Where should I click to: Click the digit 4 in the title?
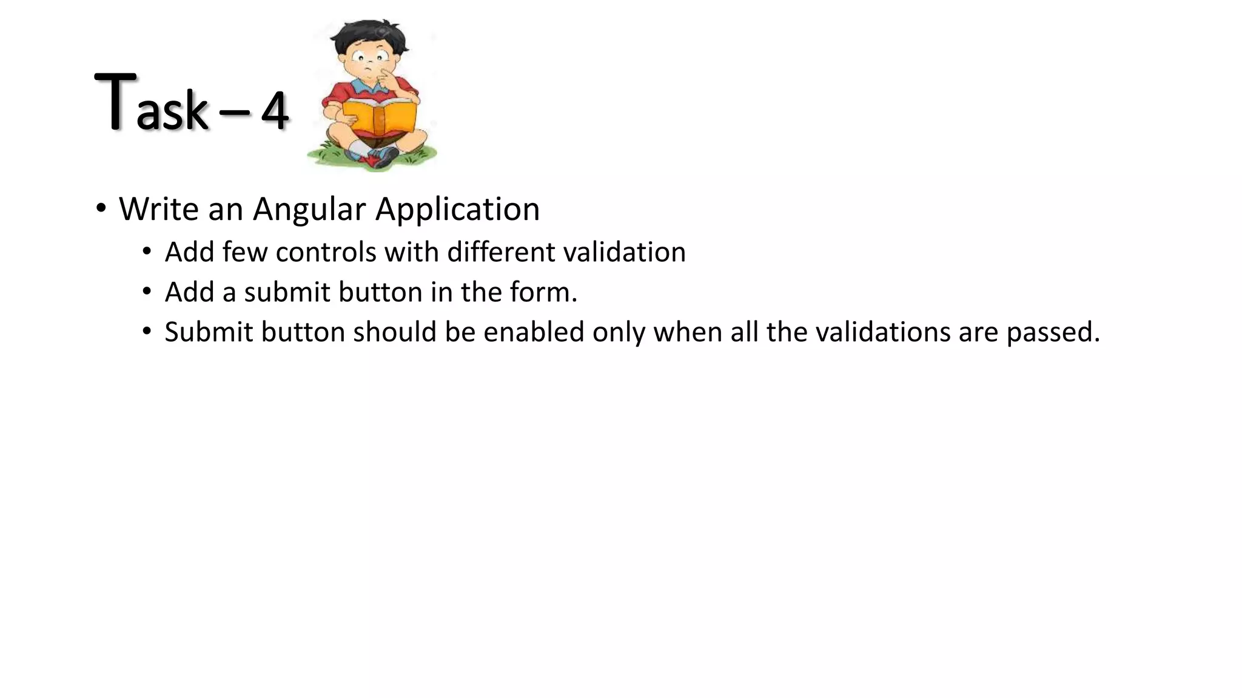(x=275, y=111)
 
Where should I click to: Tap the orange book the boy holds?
(x=379, y=117)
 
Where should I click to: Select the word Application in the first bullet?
(x=457, y=210)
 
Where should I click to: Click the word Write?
(x=159, y=210)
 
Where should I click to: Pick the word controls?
(x=326, y=252)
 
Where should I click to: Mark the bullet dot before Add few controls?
(x=147, y=251)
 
